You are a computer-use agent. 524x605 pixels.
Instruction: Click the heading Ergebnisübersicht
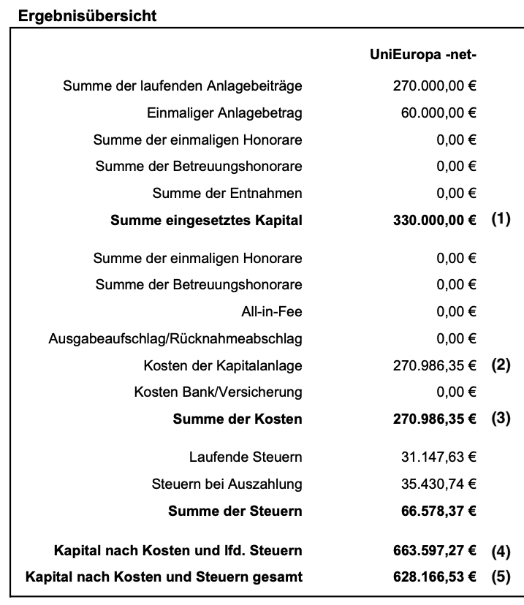click(87, 16)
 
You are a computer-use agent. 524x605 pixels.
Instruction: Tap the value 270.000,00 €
click(434, 86)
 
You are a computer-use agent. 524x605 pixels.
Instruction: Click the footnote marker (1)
click(501, 219)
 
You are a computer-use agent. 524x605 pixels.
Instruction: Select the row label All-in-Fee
click(272, 312)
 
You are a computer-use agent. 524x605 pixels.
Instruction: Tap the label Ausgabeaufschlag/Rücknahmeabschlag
click(175, 339)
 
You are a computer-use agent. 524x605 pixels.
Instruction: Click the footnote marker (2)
click(501, 365)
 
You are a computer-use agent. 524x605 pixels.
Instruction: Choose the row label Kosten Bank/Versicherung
click(218, 392)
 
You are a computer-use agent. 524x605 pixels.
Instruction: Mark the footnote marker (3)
click(501, 419)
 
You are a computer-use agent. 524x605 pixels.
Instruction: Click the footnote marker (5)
click(501, 577)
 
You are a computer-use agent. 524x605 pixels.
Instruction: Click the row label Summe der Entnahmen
click(227, 194)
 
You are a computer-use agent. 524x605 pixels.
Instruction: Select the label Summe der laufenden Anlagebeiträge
click(183, 86)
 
